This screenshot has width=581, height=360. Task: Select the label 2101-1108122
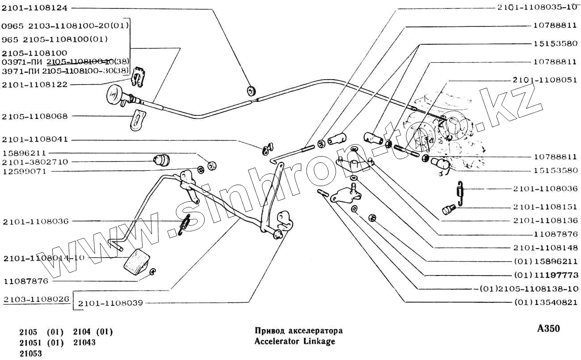(x=35, y=84)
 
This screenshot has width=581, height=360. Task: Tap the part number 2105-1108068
(x=35, y=116)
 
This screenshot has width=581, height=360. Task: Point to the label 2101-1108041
(x=35, y=139)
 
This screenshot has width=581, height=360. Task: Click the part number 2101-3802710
(x=35, y=162)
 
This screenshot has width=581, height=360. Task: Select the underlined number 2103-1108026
(x=36, y=299)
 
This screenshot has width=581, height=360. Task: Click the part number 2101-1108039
(x=110, y=303)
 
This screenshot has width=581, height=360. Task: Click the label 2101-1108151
(x=545, y=207)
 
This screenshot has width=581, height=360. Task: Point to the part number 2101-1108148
(x=545, y=247)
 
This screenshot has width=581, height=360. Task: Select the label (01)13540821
(x=546, y=302)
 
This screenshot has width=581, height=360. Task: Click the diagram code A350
(x=548, y=329)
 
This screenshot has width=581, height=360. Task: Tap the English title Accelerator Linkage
(x=295, y=341)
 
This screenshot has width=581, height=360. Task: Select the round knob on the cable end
(x=115, y=95)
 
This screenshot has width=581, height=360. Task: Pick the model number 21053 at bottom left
(x=30, y=353)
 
